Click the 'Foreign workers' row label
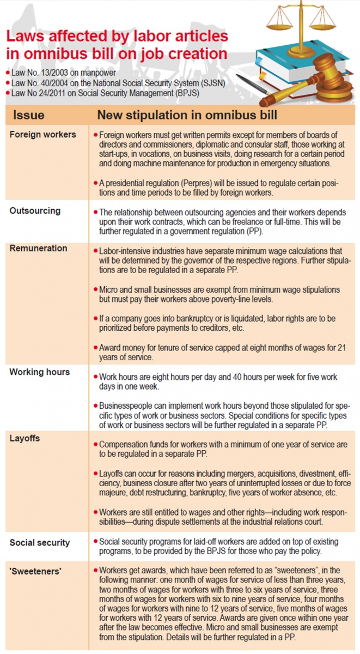43,135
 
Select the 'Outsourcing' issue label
35,211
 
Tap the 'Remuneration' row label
38,249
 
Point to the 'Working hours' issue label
40,372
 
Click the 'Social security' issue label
40,543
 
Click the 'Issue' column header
29,116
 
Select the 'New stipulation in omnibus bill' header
187,116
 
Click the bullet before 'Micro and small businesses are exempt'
96,289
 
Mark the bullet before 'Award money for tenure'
96,348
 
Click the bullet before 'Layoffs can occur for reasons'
96,473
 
